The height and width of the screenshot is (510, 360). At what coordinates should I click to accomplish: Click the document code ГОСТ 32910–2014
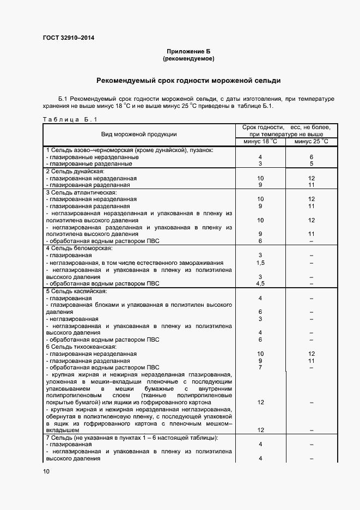coord(68,38)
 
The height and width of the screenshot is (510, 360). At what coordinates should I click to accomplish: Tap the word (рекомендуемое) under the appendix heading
coord(188,58)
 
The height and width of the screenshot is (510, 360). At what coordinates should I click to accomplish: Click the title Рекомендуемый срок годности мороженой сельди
coord(188,81)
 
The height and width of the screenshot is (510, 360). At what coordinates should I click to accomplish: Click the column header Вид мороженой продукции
coord(139,134)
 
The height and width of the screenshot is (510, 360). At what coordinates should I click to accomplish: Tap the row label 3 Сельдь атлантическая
coord(76,192)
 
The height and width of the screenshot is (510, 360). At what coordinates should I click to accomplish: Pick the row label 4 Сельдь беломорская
coord(75,248)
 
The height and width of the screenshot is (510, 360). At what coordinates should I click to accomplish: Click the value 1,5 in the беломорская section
coord(260,263)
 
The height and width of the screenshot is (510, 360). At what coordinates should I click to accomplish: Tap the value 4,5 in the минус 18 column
coord(260,283)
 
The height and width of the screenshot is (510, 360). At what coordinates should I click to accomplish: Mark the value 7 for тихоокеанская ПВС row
coord(260,367)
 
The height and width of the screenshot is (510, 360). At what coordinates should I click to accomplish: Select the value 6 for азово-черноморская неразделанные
coord(311,157)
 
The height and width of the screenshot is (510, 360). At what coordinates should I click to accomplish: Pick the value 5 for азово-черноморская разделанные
coord(311,163)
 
